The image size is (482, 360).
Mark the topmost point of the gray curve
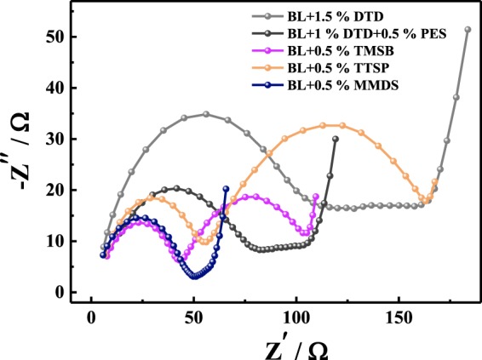(x=468, y=30)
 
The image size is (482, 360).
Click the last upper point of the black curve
(x=336, y=139)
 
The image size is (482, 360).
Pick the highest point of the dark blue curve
(x=226, y=189)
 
